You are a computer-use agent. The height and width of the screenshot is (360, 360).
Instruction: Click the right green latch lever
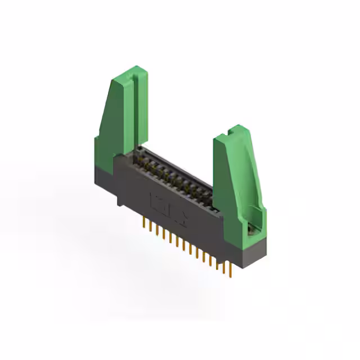[x=236, y=174]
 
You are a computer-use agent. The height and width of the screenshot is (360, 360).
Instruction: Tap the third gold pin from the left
[x=156, y=231]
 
